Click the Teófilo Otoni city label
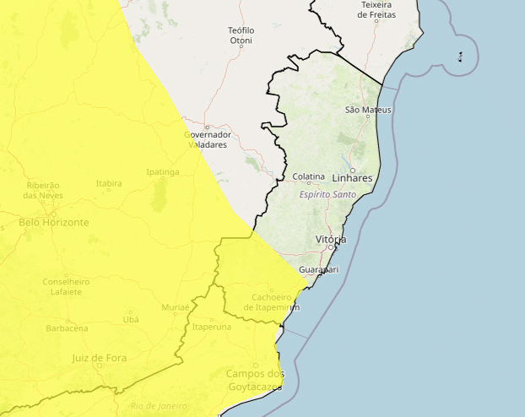pos(241,35)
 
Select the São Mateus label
pos(369,110)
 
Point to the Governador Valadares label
pos(207,139)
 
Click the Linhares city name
pos(352,179)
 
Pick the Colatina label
pos(308,176)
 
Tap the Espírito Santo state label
pos(327,194)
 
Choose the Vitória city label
pos(330,240)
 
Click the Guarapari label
pos(319,269)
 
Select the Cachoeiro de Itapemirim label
pos(271,302)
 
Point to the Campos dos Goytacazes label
pos(255,380)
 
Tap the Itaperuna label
pos(212,327)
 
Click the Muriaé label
pos(176,307)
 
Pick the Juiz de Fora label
pos(99,358)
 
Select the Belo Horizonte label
pos(53,223)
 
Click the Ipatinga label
pos(163,171)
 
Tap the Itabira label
pos(109,182)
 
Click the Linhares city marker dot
pos(353,170)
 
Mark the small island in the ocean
pos(460,57)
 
